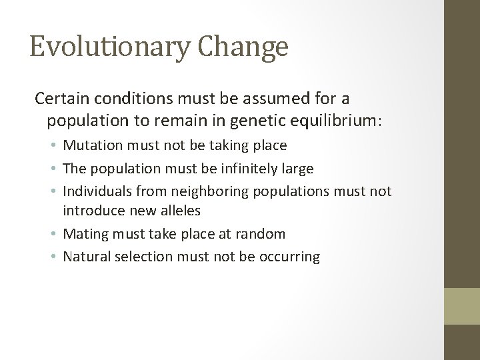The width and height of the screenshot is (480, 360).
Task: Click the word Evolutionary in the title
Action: pos(110,48)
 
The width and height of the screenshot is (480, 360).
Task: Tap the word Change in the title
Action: pos(243,48)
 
